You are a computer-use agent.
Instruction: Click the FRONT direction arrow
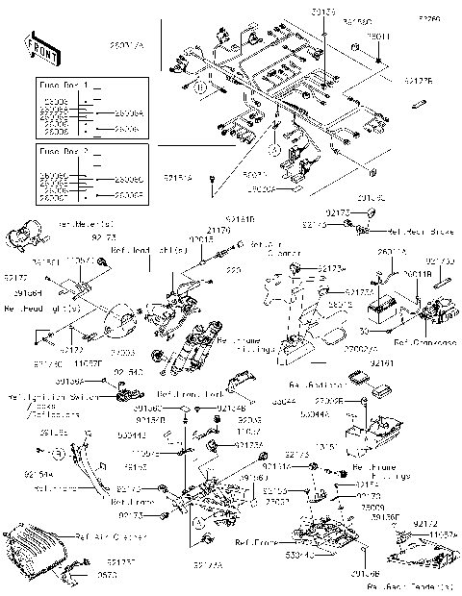click(x=36, y=45)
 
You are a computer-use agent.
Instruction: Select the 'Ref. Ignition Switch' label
click(x=39, y=395)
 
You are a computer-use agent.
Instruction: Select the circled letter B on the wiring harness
click(x=201, y=86)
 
